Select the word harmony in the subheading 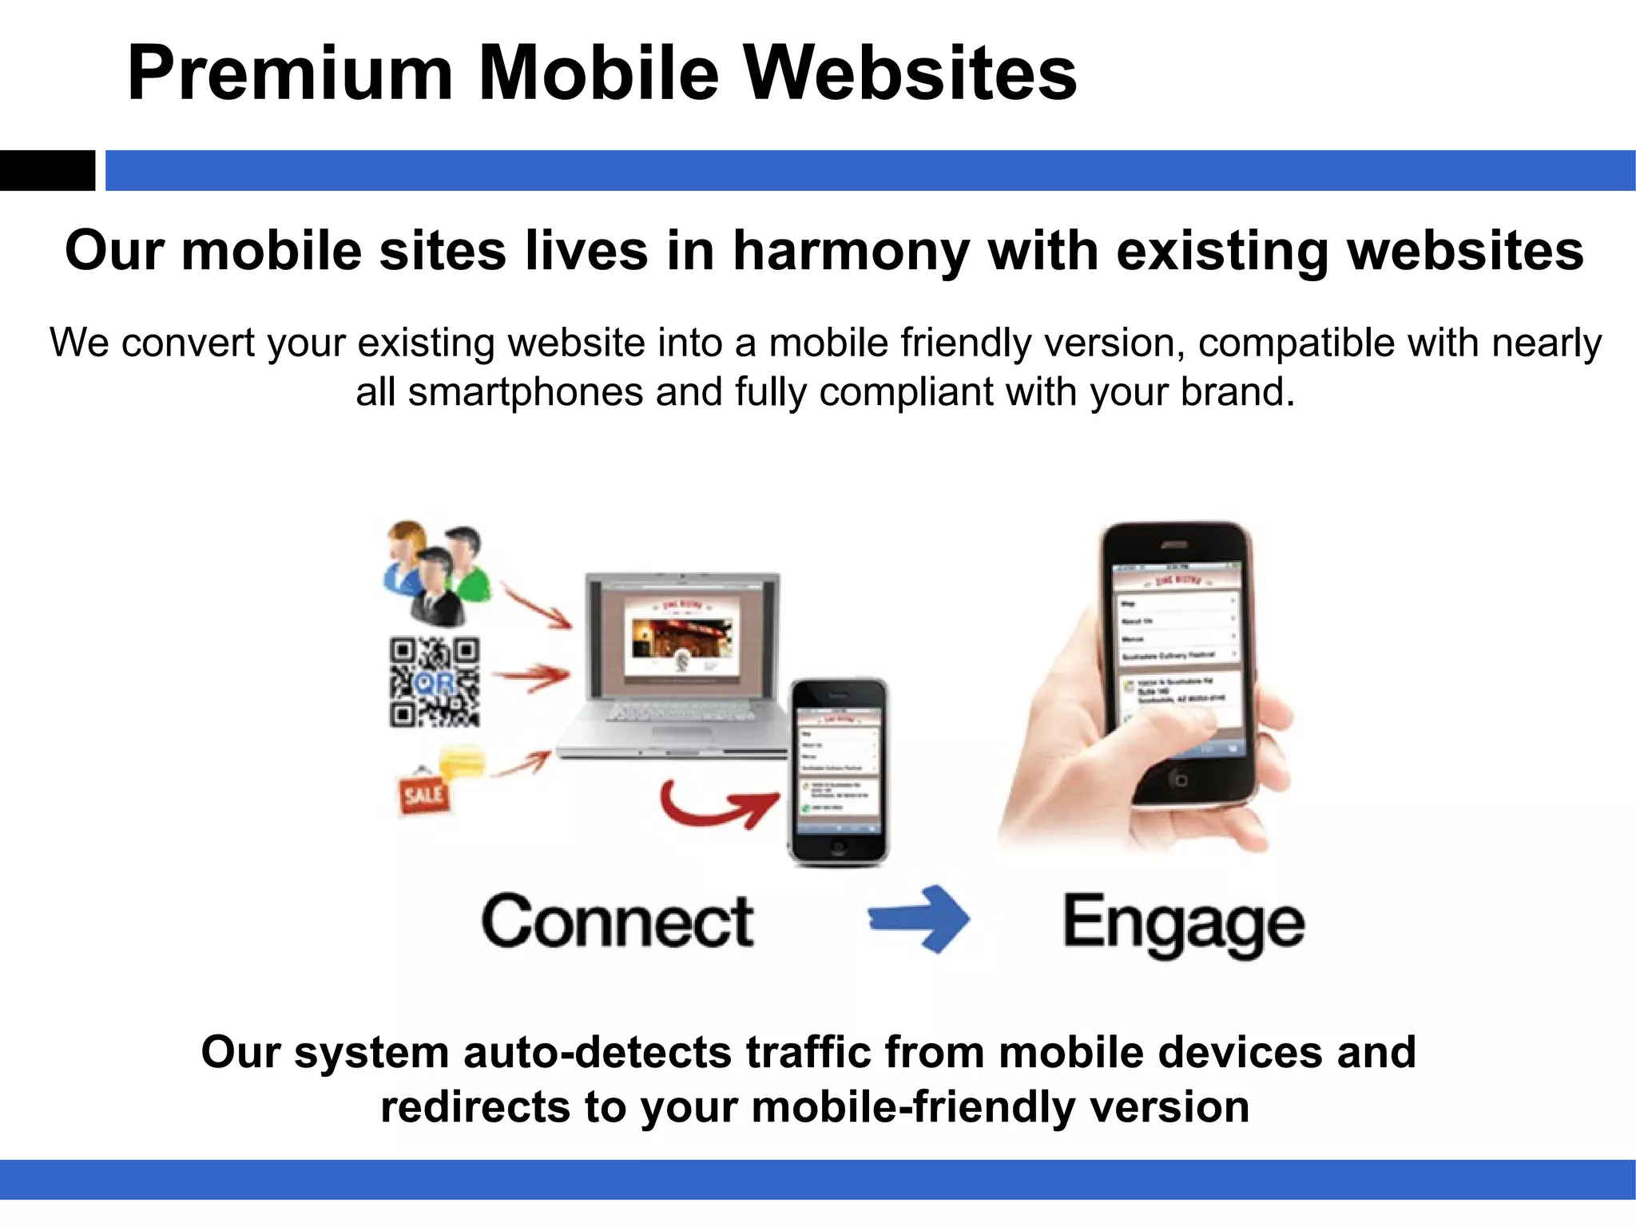coord(850,251)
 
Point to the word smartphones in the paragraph coord(526,392)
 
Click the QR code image coord(435,681)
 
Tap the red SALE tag coord(423,793)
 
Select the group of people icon coord(435,570)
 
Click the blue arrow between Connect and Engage coord(919,919)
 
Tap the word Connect coord(617,922)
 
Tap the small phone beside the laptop coord(839,771)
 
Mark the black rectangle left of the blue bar coord(47,170)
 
